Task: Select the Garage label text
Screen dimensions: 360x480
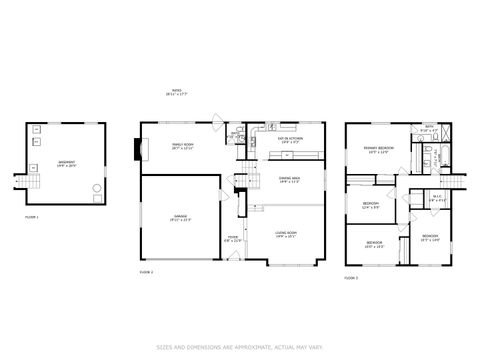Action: pyautogui.click(x=181, y=217)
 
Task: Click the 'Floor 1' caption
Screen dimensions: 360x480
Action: pyautogui.click(x=33, y=216)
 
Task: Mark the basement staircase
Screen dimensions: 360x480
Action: pyautogui.click(x=30, y=181)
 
